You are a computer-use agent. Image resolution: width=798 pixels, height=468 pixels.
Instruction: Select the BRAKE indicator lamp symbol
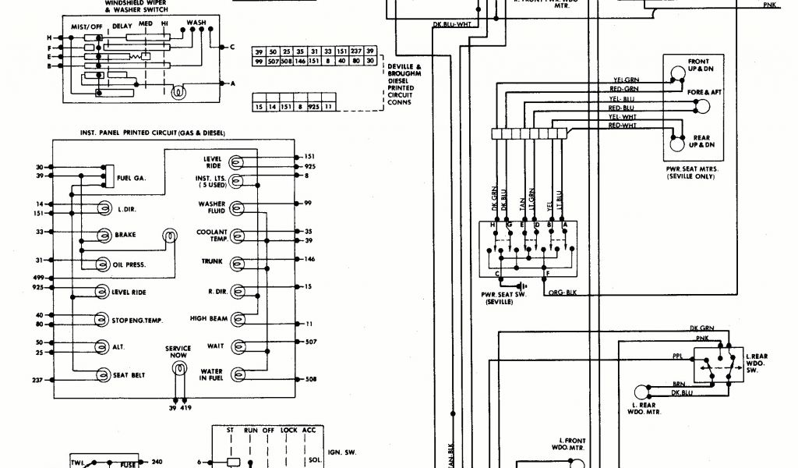(x=103, y=235)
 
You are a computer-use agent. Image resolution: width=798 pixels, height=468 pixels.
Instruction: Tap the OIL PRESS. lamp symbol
(x=103, y=264)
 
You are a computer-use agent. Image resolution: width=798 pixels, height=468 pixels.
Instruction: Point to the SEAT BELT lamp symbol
(x=103, y=375)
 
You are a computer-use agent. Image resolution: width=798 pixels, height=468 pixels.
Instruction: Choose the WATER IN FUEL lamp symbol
(x=238, y=374)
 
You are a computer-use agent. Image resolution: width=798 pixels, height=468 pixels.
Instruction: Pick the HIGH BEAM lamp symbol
(x=238, y=319)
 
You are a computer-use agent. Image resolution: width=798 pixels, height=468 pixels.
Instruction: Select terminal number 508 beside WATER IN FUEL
(x=309, y=380)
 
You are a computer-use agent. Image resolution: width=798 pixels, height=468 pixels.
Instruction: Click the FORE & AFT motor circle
(x=704, y=106)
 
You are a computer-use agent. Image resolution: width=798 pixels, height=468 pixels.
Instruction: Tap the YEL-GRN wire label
(x=626, y=79)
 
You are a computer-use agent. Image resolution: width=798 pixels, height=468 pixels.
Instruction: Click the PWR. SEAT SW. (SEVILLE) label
(x=497, y=297)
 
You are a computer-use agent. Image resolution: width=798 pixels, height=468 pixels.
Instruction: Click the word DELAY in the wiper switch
(x=122, y=25)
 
